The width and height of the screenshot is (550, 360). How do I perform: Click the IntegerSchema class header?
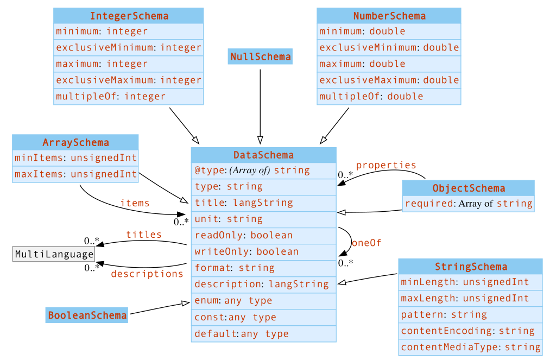tap(129, 16)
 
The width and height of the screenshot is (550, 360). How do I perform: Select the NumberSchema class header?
tap(389, 16)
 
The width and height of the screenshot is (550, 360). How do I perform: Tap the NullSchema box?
tap(260, 56)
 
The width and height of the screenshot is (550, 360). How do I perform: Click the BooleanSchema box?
tap(87, 315)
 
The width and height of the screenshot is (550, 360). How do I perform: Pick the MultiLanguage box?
tap(54, 254)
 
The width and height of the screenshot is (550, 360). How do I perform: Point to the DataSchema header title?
tap(263, 155)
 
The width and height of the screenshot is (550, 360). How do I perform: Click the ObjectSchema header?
tap(468, 188)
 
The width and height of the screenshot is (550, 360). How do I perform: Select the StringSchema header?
tap(470, 267)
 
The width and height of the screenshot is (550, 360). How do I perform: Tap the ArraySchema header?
tap(75, 142)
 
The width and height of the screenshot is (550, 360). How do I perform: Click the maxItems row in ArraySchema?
tap(75, 174)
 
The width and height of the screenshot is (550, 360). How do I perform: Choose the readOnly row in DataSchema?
tap(263, 235)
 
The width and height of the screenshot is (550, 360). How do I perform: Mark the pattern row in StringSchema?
tap(470, 314)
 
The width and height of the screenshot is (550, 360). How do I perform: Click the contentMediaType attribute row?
tap(470, 347)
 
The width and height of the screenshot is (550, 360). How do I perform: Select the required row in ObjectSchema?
tap(468, 204)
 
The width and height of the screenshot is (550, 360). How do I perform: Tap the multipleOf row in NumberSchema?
tap(389, 96)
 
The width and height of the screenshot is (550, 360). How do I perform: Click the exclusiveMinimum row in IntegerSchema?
tap(129, 47)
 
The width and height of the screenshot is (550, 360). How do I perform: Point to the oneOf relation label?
tap(366, 243)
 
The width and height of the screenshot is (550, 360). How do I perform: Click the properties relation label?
tap(386, 165)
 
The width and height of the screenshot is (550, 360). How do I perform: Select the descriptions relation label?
tap(147, 274)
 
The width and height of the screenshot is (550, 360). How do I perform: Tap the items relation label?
tap(135, 203)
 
